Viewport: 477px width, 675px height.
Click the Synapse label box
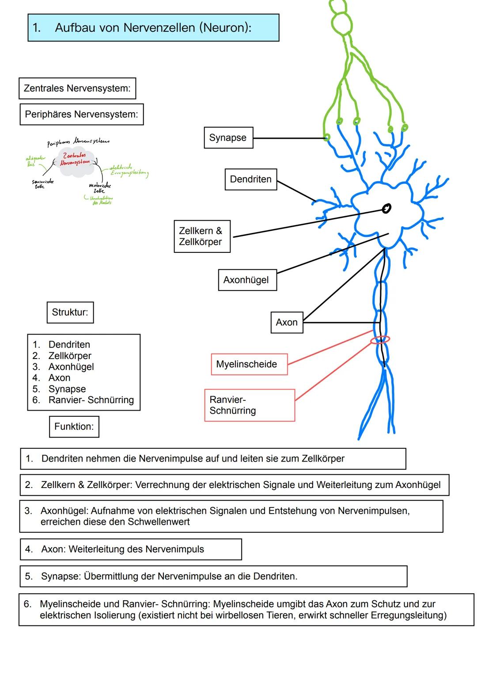tap(228, 138)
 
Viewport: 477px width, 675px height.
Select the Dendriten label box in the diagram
tap(250, 179)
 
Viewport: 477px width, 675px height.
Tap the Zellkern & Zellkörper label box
tap(202, 236)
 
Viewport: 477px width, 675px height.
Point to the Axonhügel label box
tap(247, 280)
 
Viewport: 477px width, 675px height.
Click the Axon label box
tap(286, 323)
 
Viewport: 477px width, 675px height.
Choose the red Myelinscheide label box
tap(249, 365)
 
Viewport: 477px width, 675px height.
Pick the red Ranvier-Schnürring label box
tap(249, 405)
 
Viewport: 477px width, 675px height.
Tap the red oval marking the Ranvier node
tap(380, 339)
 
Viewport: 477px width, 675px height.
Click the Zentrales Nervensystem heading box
tap(77, 88)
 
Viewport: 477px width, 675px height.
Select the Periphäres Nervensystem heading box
tap(81, 114)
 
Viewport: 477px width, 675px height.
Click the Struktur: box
tap(70, 313)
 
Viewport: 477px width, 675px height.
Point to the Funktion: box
tap(74, 427)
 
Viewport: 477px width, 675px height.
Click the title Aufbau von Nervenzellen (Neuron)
tap(153, 28)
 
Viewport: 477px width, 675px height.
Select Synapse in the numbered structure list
tap(67, 389)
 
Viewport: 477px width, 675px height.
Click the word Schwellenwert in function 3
tap(159, 522)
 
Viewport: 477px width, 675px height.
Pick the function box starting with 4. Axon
tap(131, 549)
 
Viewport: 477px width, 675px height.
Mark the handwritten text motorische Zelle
tap(100, 188)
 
